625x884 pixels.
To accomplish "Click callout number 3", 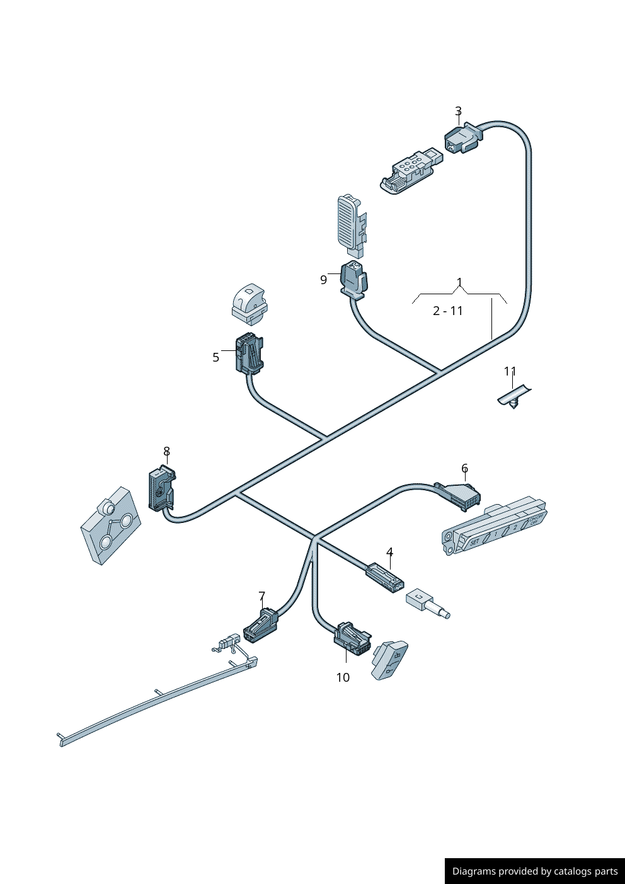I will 458,112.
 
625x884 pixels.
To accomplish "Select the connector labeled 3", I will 463,138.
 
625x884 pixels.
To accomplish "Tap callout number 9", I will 324,280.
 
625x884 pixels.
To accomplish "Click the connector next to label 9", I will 353,279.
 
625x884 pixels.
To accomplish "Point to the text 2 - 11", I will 448,311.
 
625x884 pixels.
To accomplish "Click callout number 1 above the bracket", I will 459,282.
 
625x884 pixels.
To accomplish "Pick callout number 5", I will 215,358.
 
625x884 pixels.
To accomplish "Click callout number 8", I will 166,451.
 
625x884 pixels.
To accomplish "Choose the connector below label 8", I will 161,489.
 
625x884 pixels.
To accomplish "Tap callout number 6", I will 464,468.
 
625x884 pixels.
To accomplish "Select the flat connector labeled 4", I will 385,577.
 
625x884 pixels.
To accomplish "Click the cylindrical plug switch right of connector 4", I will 427,602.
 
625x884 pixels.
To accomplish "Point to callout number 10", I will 343,677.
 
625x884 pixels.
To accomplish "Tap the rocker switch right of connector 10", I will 390,659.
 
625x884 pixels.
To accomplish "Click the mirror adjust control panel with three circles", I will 111,525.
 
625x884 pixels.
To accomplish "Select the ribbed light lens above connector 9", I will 349,221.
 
